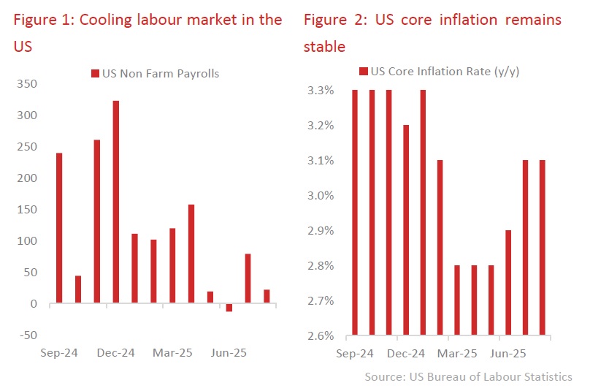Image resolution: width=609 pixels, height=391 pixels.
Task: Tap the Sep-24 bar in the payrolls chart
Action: [59, 228]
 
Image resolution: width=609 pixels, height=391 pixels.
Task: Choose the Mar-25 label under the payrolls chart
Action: [172, 353]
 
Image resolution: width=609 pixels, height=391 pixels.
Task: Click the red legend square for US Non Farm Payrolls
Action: [95, 73]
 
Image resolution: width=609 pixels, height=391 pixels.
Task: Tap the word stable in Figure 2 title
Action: [324, 47]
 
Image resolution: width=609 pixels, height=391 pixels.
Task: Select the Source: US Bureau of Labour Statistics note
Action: [468, 377]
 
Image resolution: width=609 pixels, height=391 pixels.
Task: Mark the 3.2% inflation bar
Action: [407, 230]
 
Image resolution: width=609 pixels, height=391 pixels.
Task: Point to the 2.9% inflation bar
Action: [507, 283]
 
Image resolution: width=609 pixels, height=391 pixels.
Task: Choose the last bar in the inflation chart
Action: [543, 248]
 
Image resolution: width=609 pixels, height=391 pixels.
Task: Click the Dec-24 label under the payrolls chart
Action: [115, 353]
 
